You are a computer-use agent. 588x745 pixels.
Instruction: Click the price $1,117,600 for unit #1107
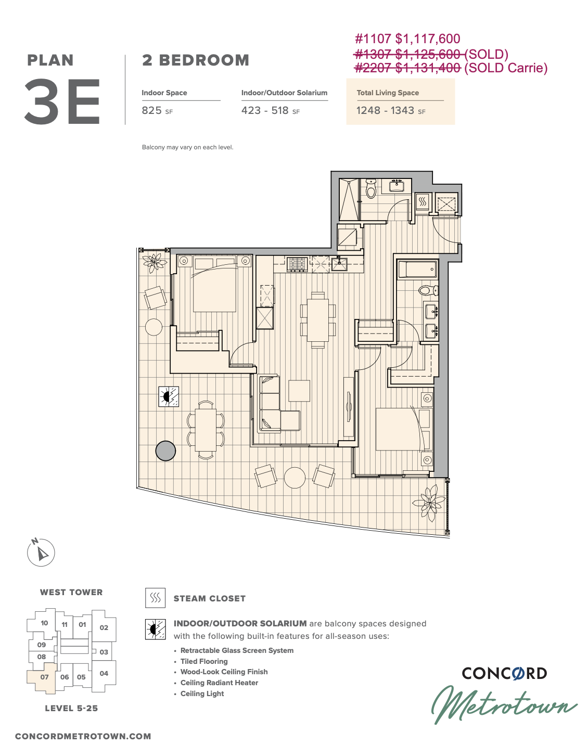click(x=428, y=39)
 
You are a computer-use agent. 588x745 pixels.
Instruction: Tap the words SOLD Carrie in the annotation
click(x=506, y=68)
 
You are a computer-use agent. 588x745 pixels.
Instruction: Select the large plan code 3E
click(x=62, y=101)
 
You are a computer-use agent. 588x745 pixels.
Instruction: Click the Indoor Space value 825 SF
click(x=157, y=110)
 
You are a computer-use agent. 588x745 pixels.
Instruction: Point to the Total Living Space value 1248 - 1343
click(x=385, y=110)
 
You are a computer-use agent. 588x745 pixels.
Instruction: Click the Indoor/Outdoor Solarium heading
click(x=284, y=93)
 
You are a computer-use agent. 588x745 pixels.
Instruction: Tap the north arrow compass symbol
click(x=41, y=552)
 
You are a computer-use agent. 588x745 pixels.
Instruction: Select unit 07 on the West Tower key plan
click(x=44, y=677)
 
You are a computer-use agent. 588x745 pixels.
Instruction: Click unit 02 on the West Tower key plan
click(x=104, y=627)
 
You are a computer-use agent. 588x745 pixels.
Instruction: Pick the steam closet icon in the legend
click(x=155, y=598)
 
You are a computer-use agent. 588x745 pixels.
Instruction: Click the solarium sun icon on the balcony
click(x=169, y=396)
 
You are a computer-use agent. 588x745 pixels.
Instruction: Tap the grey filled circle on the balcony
click(x=165, y=451)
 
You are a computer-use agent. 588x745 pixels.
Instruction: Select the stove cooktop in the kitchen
click(x=297, y=264)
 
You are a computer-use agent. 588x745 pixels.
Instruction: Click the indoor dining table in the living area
click(x=318, y=320)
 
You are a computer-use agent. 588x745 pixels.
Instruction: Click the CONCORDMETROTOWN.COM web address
click(x=83, y=736)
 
